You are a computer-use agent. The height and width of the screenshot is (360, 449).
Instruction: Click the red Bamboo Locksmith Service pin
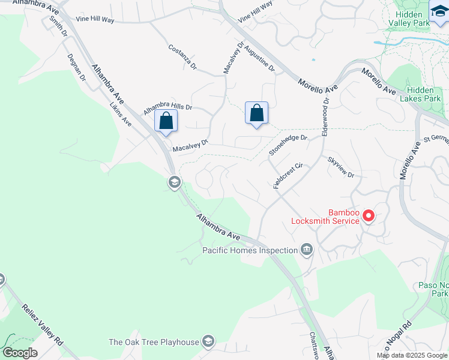tap(369, 215)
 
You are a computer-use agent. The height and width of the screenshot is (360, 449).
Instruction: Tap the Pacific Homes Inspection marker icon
tap(307, 250)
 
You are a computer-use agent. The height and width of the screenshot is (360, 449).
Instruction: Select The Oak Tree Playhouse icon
tap(208, 341)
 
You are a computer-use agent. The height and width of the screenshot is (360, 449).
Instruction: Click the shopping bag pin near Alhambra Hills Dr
tap(166, 121)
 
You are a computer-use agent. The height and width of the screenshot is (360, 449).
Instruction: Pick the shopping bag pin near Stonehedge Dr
tap(256, 113)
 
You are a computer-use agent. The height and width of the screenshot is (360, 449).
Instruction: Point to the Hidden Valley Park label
tap(411, 18)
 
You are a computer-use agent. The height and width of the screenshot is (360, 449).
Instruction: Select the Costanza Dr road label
tap(182, 57)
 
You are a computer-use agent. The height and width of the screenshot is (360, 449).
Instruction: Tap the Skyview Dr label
tap(341, 167)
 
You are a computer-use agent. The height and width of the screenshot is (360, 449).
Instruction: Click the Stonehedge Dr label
tap(288, 145)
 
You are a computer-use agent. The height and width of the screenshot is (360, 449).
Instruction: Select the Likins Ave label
tap(121, 113)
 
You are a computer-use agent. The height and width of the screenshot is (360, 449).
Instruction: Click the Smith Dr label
tap(58, 26)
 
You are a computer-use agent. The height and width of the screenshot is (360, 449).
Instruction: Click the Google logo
tap(20, 353)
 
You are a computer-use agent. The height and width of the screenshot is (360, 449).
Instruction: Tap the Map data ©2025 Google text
tap(412, 355)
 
